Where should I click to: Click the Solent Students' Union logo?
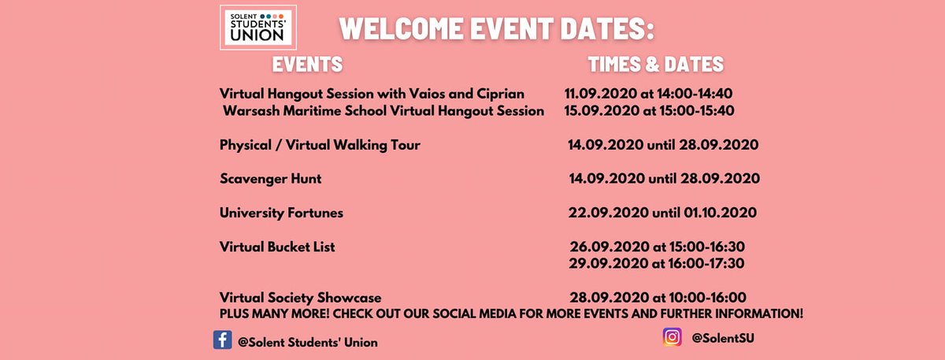[257, 29]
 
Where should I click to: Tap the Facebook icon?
[222, 340]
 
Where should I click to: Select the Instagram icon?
[672, 336]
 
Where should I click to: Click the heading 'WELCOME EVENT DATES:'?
[498, 30]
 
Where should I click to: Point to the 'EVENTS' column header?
[307, 64]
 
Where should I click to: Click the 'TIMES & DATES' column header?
[655, 64]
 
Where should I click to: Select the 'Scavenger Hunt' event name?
[271, 179]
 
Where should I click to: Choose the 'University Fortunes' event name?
[281, 213]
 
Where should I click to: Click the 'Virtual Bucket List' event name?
[277, 247]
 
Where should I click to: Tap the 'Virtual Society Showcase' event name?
[301, 298]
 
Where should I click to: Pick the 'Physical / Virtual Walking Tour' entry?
[320, 145]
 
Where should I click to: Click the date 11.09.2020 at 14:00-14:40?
[649, 93]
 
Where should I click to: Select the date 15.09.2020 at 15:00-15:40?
[649, 110]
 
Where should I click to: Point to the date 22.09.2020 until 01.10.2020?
[662, 213]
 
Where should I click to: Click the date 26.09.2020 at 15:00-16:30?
[657, 247]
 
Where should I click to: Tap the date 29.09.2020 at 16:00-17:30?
[657, 263]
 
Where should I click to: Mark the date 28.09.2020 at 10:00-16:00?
[657, 298]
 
